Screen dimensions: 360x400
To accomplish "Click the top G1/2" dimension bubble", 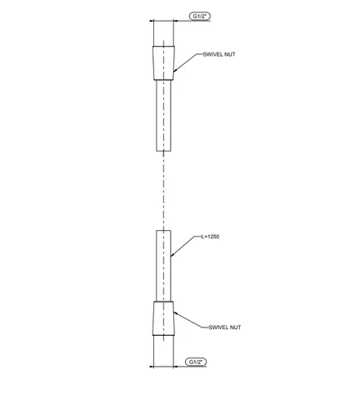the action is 200,17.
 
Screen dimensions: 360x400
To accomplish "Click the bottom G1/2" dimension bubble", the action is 196,362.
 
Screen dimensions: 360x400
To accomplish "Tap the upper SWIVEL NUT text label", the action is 219,54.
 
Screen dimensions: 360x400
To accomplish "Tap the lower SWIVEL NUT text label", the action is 225,327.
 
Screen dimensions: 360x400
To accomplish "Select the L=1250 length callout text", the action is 210,237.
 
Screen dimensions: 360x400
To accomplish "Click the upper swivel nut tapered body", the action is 163,63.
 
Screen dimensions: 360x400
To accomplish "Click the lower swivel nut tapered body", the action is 163,318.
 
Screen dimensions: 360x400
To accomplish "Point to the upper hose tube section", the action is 163,116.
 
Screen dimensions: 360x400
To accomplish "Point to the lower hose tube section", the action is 163,266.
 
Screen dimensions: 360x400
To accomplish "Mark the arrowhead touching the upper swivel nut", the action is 176,70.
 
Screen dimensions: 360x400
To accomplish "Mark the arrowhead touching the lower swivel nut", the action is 176,313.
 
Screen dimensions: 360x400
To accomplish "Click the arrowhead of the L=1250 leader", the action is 172,254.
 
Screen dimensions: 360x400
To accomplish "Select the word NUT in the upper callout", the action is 229,54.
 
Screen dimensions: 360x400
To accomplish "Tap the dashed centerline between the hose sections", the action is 163,191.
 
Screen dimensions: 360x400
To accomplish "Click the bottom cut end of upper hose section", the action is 163,151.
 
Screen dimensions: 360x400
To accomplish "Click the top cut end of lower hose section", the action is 163,230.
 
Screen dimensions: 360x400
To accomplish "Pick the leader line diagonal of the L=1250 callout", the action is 182,246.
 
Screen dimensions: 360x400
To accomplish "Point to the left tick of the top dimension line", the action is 153,21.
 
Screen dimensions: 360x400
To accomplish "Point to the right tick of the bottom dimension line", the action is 174,367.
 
